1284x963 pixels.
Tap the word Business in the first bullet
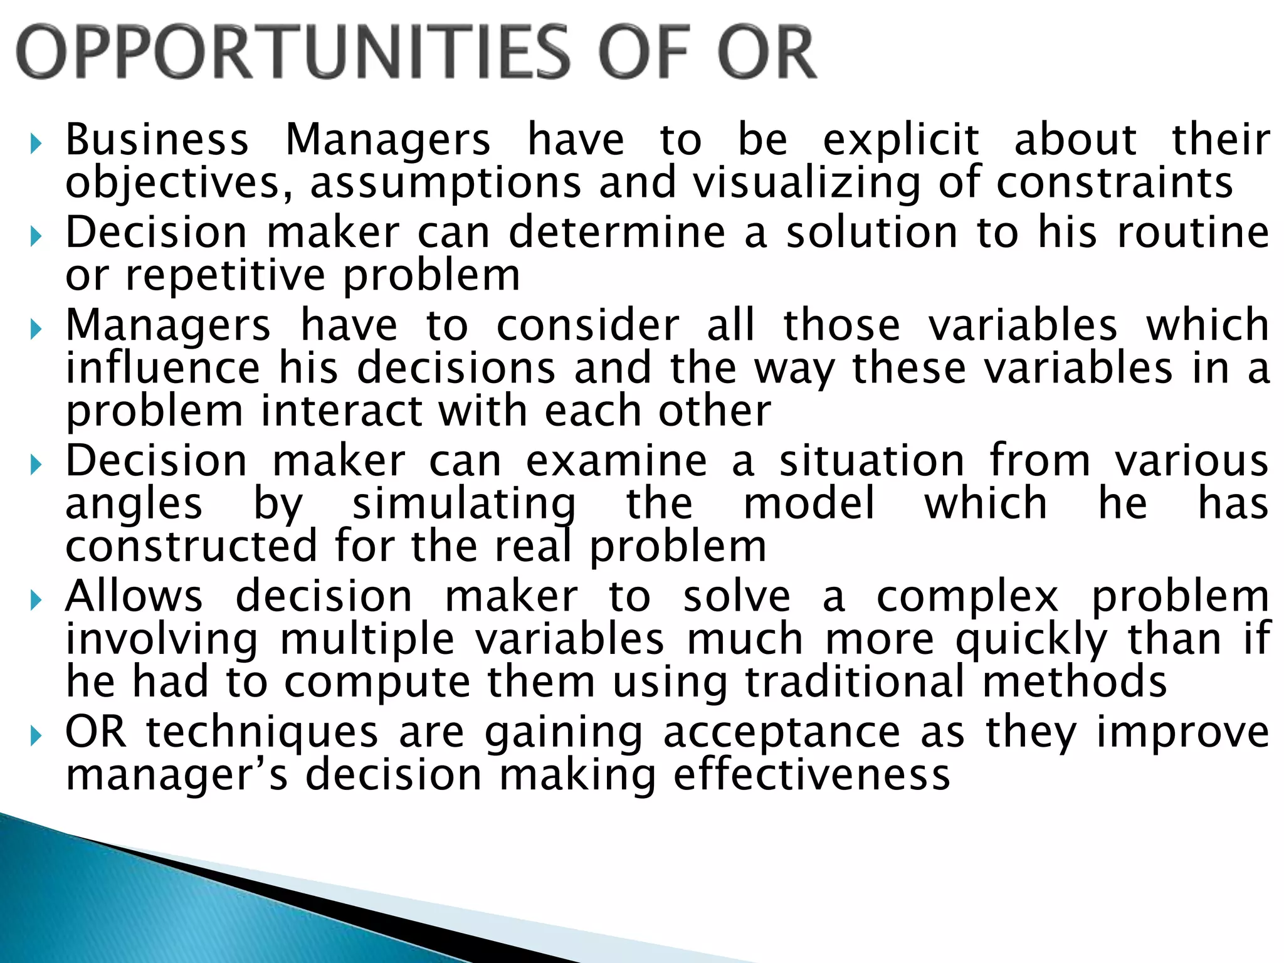coord(157,139)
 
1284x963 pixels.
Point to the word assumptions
coord(446,183)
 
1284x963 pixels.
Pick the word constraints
coord(1115,182)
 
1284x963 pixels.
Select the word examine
coord(616,461)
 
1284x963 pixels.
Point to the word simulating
coord(464,504)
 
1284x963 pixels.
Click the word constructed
coord(191,546)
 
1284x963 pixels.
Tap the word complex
coord(967,596)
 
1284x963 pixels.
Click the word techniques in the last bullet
coord(263,732)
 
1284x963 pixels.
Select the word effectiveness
coord(812,775)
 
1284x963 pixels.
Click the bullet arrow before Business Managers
coord(36,145)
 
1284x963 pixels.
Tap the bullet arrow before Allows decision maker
coord(36,601)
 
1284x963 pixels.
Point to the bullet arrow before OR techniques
coord(36,737)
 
